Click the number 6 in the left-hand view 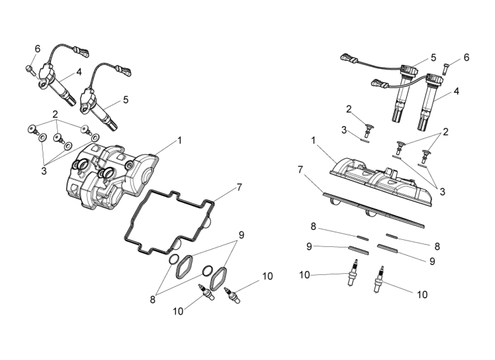pyautogui.click(x=37, y=49)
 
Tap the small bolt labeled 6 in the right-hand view pyautogui.click(x=446, y=69)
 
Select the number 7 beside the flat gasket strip pyautogui.click(x=300, y=170)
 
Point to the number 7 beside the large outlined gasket pyautogui.click(x=239, y=188)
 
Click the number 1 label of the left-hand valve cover pyautogui.click(x=180, y=140)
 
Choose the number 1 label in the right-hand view pyautogui.click(x=314, y=141)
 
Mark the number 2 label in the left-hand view pyautogui.click(x=55, y=114)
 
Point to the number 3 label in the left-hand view pyautogui.click(x=44, y=171)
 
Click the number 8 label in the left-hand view pyautogui.click(x=153, y=300)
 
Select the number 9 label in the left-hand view pyautogui.click(x=242, y=235)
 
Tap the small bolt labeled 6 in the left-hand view pyautogui.click(x=30, y=70)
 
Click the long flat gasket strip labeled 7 pyautogui.click(x=374, y=209)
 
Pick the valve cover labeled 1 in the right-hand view pyautogui.click(x=381, y=182)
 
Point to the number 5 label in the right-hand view pyautogui.click(x=433, y=58)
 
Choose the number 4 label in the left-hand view pyautogui.click(x=79, y=72)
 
